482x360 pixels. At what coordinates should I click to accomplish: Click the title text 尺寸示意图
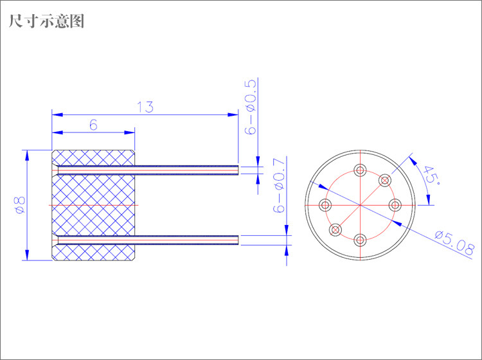(x=46, y=21)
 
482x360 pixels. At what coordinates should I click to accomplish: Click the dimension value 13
(x=145, y=107)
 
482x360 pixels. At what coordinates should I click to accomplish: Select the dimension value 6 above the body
(x=93, y=125)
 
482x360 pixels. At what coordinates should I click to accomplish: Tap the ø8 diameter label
(x=20, y=205)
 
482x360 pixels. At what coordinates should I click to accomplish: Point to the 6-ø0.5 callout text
(x=250, y=107)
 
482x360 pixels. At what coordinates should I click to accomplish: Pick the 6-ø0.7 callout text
(x=279, y=185)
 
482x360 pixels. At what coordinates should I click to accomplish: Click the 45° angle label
(x=431, y=175)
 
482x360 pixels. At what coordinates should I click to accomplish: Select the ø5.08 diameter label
(x=454, y=244)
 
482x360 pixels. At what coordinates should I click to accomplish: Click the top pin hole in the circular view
(x=360, y=170)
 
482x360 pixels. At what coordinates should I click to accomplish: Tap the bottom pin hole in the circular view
(x=360, y=240)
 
